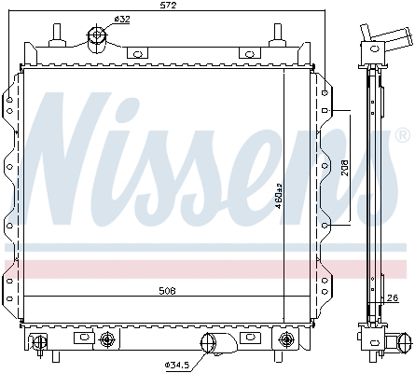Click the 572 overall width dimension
tap(169, 7)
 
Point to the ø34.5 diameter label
tap(177, 363)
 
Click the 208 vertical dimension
tap(345, 169)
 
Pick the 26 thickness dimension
tap(394, 299)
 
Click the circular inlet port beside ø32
tap(96, 38)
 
